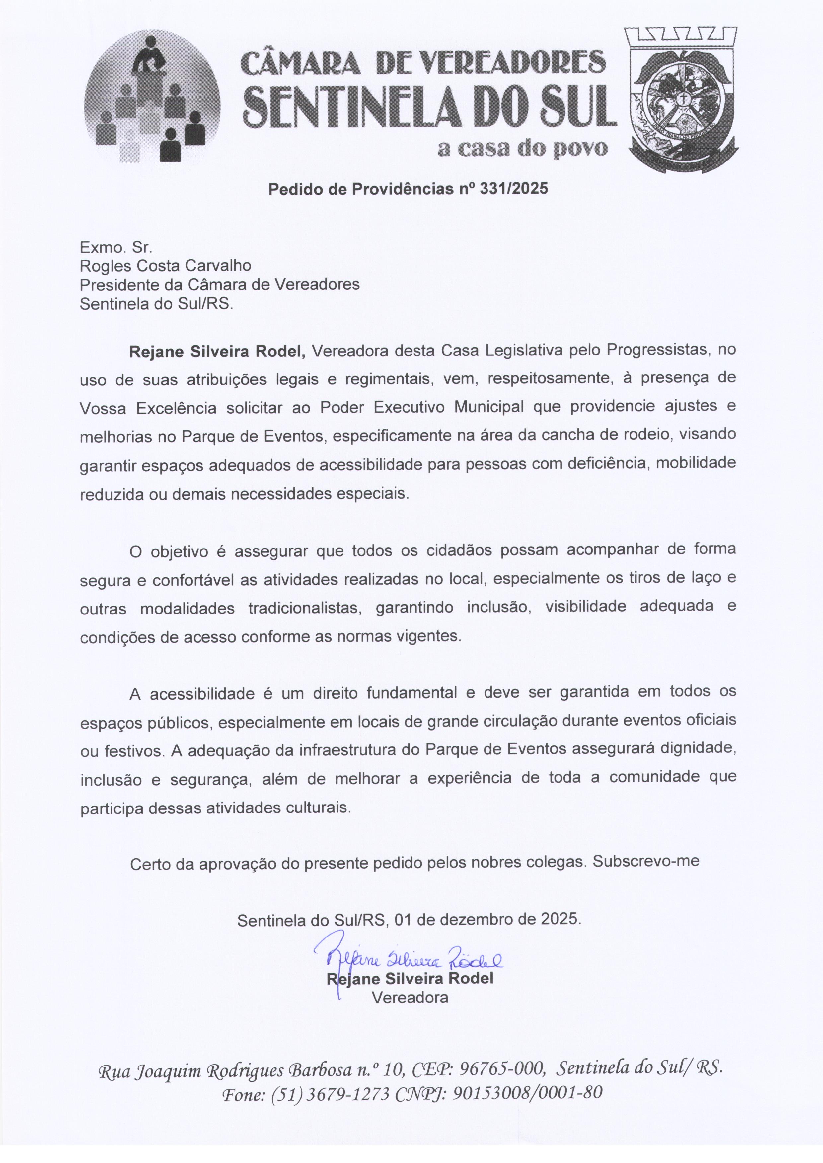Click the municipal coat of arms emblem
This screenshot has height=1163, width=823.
[x=681, y=99]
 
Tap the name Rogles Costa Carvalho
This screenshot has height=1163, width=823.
[x=165, y=265]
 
